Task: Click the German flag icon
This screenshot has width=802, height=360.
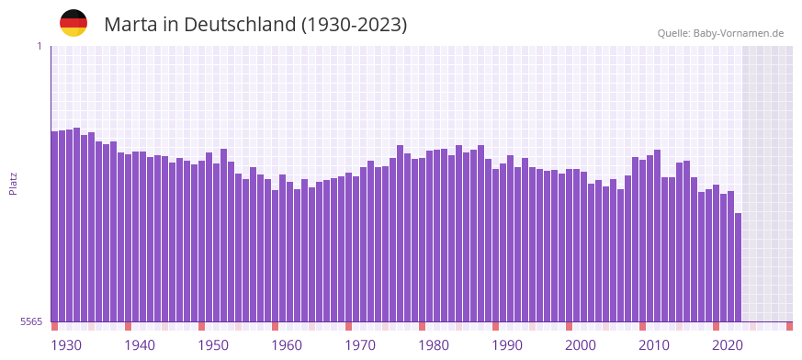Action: (73, 23)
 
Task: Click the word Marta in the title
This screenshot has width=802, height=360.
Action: (130, 24)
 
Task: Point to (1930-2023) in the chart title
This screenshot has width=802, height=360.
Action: (354, 24)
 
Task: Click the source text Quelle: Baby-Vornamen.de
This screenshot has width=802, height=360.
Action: (720, 33)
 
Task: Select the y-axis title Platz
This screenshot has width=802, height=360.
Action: (13, 183)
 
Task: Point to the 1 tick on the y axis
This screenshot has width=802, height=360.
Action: (39, 46)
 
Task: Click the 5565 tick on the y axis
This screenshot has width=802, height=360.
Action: (29, 321)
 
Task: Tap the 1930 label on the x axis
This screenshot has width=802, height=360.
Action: (66, 345)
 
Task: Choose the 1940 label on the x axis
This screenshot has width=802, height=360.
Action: (140, 345)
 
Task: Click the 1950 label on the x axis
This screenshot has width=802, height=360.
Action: (213, 345)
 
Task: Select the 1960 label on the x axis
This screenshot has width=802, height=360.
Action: (287, 345)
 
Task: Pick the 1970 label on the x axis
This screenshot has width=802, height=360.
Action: (360, 345)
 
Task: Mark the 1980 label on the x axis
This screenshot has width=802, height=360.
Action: (434, 345)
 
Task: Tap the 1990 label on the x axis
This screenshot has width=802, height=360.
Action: (507, 345)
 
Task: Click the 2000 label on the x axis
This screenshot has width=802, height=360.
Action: (581, 345)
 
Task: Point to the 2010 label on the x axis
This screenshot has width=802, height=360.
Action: (654, 345)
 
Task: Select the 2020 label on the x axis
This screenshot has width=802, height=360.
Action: (728, 345)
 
